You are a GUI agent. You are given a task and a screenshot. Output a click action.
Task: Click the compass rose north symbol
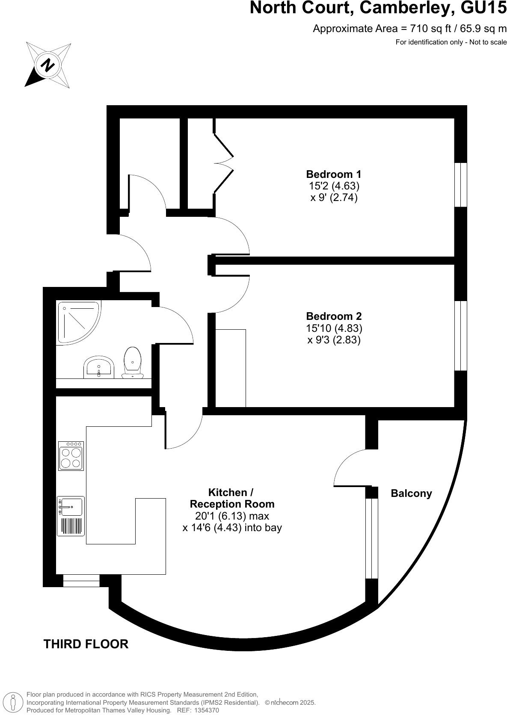(x=47, y=65)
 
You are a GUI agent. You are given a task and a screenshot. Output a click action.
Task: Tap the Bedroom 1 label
(x=333, y=174)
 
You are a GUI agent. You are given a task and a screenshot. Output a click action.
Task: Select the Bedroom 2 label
(x=334, y=316)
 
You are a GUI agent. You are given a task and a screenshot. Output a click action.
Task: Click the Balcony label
(x=411, y=493)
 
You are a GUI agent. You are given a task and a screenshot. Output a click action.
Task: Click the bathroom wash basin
(x=99, y=367)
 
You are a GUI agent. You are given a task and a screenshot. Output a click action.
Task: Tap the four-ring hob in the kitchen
(x=71, y=456)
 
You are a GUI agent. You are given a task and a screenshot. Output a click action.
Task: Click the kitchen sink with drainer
(x=71, y=516)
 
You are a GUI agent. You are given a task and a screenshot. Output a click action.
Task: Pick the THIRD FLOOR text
(x=86, y=644)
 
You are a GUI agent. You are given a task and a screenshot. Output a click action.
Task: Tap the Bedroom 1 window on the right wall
(x=461, y=184)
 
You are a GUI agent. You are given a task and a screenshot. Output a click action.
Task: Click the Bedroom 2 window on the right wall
(x=461, y=336)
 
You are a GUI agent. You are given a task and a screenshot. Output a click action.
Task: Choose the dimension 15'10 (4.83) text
(x=334, y=328)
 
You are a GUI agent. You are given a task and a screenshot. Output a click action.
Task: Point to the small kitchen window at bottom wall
(x=81, y=581)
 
